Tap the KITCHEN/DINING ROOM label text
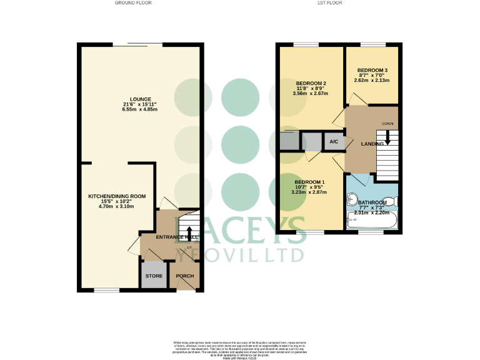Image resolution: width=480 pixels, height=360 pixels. pos(116,196)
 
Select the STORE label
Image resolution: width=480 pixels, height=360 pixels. pos(154,276)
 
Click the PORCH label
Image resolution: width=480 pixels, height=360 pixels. pos(185,276)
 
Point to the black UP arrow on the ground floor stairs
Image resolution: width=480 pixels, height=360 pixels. pos(189,238)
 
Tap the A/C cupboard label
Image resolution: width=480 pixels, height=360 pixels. pos(334,142)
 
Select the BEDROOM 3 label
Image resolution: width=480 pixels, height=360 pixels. pos(372,70)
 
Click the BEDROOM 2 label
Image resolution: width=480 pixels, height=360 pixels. pos(311,83)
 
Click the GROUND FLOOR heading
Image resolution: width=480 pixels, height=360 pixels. pos(132,3)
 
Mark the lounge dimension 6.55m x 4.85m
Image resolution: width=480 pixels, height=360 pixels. pos(139,109)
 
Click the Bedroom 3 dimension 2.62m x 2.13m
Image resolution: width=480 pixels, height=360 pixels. pos(372,80)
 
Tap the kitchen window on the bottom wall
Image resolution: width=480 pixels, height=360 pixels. pos(102,290)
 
